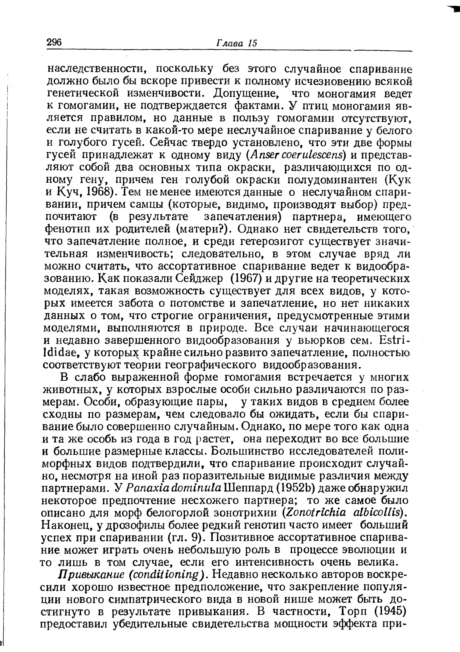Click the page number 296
[x=54, y=42]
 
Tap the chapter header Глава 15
[x=236, y=43]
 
